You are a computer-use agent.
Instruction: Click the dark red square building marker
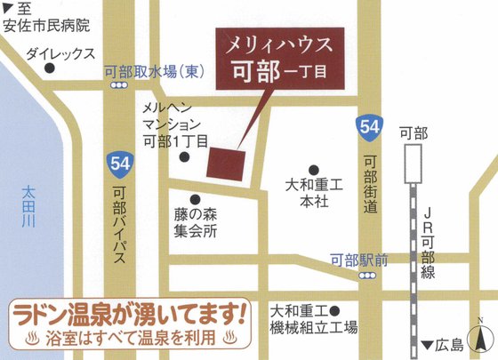226,163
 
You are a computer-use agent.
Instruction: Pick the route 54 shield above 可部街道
370,126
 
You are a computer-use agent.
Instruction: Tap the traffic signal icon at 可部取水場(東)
119,85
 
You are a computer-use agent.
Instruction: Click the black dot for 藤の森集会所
195,199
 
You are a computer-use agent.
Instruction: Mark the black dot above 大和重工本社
314,170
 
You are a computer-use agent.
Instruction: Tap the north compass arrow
482,338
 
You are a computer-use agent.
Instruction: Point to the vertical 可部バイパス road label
118,228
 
